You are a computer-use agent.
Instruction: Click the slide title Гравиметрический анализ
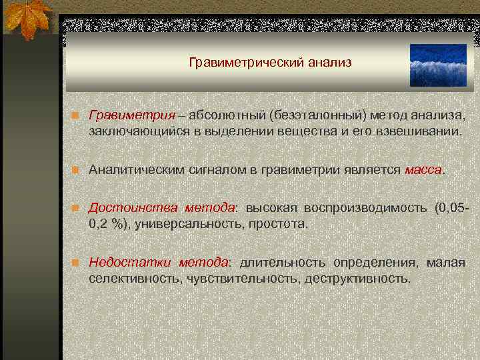pos(269,63)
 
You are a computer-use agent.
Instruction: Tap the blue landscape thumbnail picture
pos(438,65)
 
